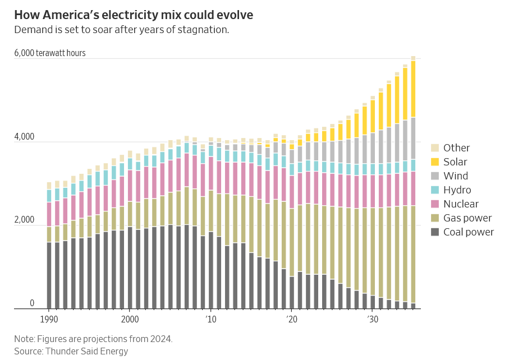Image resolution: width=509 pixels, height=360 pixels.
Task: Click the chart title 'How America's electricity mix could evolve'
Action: (x=134, y=15)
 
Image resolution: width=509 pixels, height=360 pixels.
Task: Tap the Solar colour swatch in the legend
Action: (x=435, y=162)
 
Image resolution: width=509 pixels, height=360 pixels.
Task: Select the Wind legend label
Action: (x=456, y=176)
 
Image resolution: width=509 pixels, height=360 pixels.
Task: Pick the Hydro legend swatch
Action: (x=435, y=190)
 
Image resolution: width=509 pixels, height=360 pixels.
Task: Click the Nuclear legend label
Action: (x=461, y=204)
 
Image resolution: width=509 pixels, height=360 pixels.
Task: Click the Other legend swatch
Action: (x=435, y=148)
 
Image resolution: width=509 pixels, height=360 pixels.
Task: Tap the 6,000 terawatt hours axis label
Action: (x=50, y=53)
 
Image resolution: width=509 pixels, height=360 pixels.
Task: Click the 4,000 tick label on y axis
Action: (x=24, y=136)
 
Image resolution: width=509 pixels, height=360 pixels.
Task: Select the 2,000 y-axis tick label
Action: (x=24, y=220)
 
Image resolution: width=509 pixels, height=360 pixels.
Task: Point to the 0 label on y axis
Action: (x=32, y=303)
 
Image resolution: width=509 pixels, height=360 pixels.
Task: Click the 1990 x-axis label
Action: (x=49, y=320)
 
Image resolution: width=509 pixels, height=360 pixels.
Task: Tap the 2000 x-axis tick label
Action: (x=130, y=320)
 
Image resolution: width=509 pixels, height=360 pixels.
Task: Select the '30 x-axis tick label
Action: (x=373, y=320)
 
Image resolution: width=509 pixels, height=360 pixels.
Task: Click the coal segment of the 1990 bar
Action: (x=49, y=275)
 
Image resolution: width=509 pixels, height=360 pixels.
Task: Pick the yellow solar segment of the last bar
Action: (x=413, y=89)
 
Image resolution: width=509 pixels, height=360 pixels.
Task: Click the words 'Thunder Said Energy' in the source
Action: (x=86, y=351)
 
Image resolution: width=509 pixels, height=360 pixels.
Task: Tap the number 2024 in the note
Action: (x=161, y=339)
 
